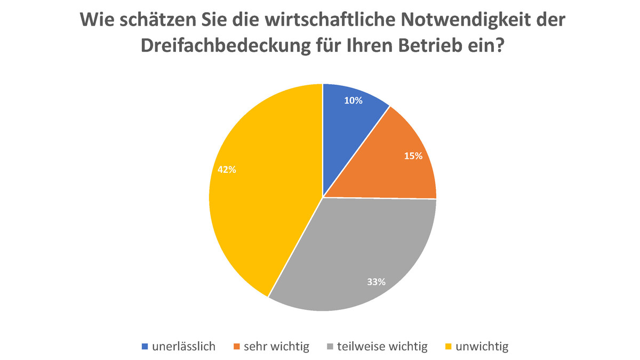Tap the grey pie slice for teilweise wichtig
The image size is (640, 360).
352,251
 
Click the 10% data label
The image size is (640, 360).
354,100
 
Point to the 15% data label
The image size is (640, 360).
413,156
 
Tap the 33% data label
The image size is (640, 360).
377,282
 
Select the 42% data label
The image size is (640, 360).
227,170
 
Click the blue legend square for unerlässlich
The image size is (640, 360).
145,347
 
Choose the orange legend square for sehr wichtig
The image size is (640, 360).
237,347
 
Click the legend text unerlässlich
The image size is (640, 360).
183,347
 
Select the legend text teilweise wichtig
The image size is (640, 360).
382,347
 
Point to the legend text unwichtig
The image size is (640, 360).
482,347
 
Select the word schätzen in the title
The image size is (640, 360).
153,21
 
